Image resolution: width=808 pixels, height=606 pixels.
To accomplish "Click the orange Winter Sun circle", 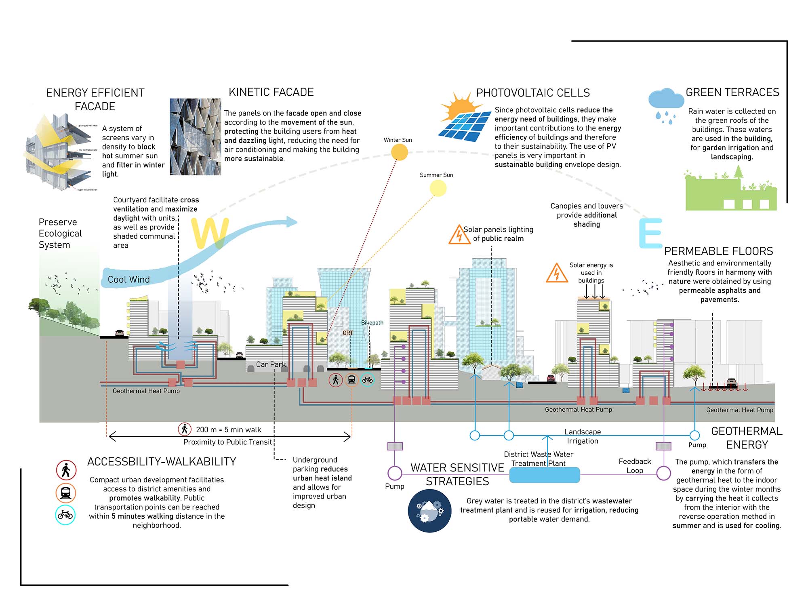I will click(400, 152).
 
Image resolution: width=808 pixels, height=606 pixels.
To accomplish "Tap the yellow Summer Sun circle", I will click(438, 188).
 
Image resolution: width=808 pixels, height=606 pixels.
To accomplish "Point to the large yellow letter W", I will click(210, 233).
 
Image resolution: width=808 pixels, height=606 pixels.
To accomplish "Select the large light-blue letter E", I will click(650, 233).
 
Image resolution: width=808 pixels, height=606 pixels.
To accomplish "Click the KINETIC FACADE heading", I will click(271, 92).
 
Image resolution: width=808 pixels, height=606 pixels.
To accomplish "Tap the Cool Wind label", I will click(128, 280).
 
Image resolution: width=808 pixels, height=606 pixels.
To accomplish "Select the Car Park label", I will click(271, 364).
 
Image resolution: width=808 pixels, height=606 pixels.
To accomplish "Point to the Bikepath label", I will click(372, 323).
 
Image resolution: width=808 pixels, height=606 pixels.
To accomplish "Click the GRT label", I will click(348, 333).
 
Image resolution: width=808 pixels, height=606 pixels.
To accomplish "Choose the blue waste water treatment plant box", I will click(544, 475).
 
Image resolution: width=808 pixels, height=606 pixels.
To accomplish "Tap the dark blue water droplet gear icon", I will click(429, 511).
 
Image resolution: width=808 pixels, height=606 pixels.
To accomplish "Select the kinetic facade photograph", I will click(195, 137).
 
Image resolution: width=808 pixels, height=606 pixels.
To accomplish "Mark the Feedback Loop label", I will click(635, 466).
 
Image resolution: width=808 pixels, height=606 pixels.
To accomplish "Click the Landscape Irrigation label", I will click(583, 436).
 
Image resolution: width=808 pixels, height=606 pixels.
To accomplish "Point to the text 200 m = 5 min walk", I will click(228, 429).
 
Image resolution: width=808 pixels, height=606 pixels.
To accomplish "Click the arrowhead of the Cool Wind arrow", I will click(292, 221).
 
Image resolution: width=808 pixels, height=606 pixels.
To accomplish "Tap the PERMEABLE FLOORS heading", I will click(718, 251).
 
